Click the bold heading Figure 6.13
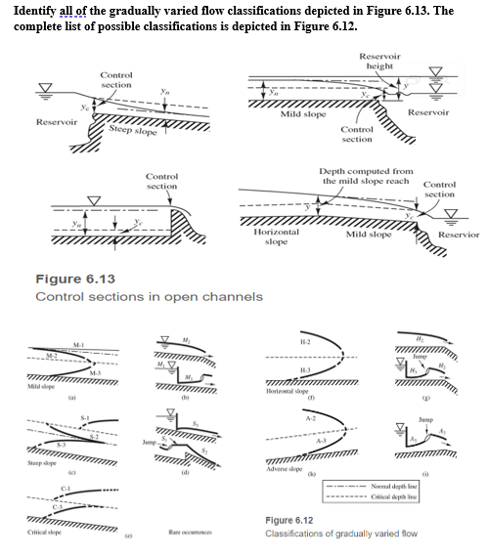point(74,279)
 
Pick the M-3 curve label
point(93,375)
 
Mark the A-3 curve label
point(324,444)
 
